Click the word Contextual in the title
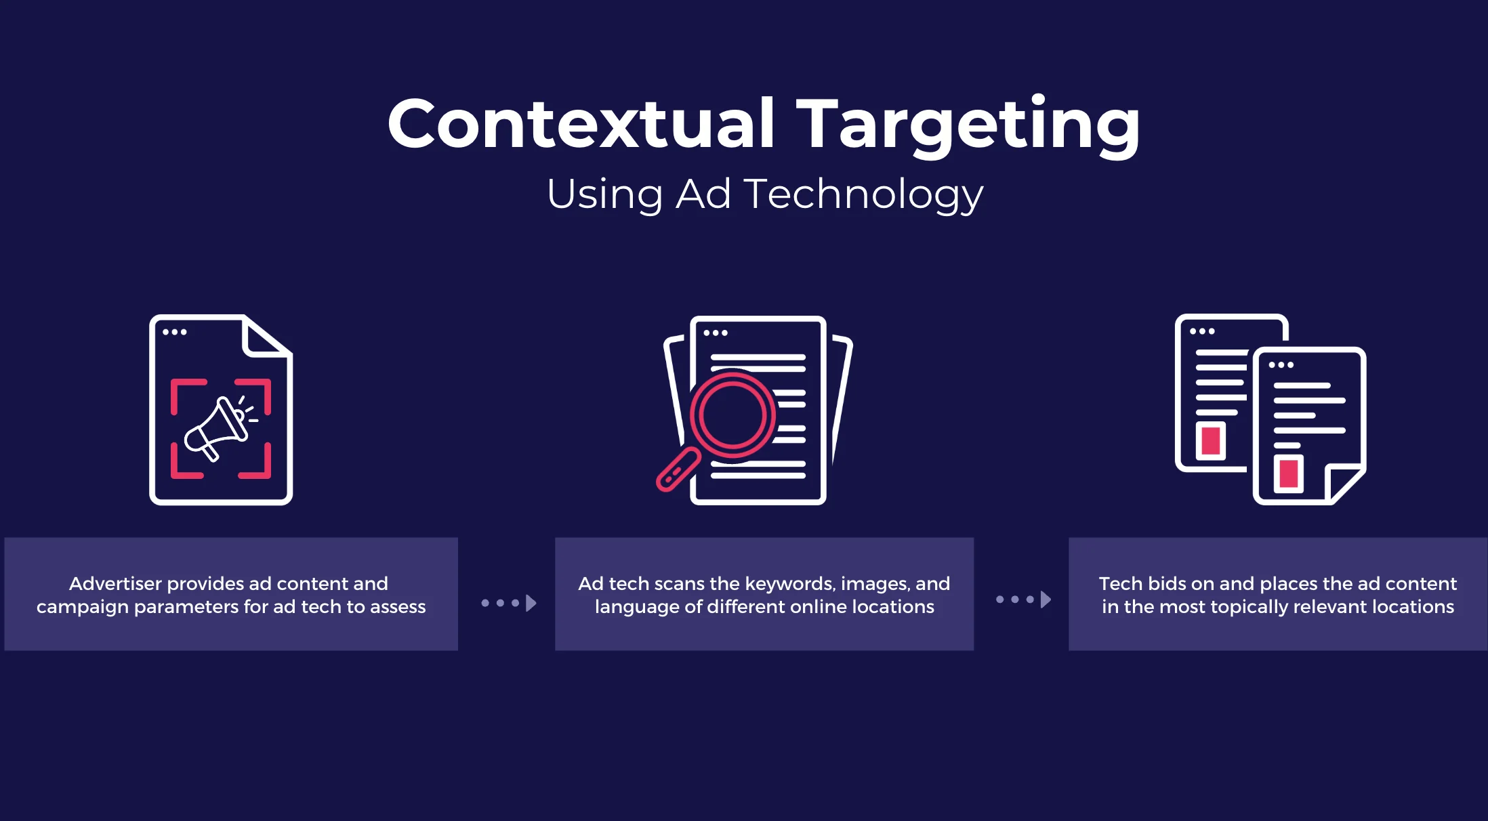click(581, 123)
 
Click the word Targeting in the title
click(968, 127)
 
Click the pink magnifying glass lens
click(732, 415)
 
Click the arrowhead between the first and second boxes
click(531, 603)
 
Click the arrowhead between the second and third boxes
click(1046, 599)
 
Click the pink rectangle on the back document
click(1211, 441)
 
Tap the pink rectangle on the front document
click(1289, 473)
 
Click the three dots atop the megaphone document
click(174, 332)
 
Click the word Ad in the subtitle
click(703, 194)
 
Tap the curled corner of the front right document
click(1344, 484)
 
